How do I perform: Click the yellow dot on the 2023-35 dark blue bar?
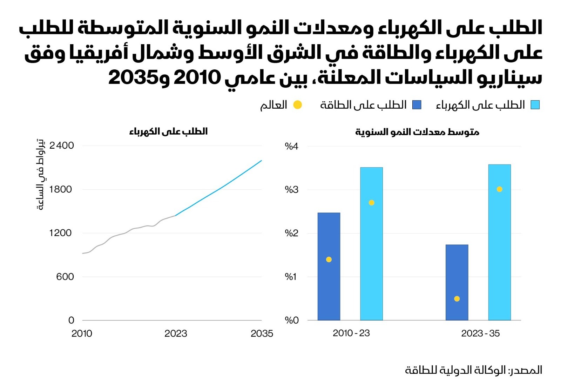click(457, 299)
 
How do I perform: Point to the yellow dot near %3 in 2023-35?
click(499, 189)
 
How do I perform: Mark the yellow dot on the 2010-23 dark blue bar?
click(329, 259)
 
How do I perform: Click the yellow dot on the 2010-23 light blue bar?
click(371, 203)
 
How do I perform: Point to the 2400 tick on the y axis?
click(62, 146)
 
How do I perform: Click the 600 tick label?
click(65, 277)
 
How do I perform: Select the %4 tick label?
click(291, 146)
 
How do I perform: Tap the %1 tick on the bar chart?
click(291, 277)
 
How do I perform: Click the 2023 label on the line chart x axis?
click(176, 333)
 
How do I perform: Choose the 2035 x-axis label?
click(262, 333)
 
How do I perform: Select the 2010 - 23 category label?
click(351, 333)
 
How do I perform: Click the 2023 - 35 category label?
click(480, 333)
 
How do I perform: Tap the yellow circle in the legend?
click(297, 105)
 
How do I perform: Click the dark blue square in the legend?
click(417, 105)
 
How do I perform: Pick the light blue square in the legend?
click(535, 105)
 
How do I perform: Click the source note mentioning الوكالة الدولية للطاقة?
click(473, 370)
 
